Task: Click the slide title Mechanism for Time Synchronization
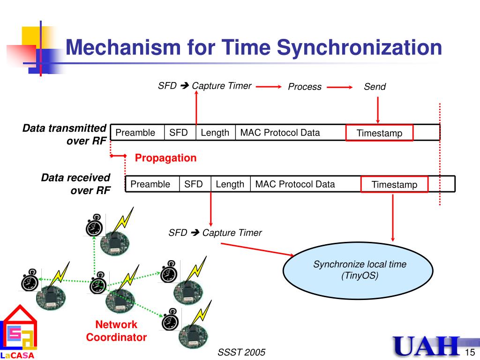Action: point(253,48)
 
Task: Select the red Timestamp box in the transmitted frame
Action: point(379,133)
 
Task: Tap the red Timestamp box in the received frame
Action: point(394,185)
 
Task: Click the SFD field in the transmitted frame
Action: point(179,133)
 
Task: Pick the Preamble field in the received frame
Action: point(150,184)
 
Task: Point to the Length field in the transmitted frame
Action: point(215,133)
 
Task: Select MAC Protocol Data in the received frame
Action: point(295,184)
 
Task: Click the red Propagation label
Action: point(165,158)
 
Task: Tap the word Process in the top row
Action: point(305,87)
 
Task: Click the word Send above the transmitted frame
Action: point(375,87)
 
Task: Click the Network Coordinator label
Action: point(116,331)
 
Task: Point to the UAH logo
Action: point(427,347)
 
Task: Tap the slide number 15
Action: point(470,352)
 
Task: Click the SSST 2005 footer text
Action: point(241,352)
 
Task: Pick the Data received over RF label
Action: point(75,184)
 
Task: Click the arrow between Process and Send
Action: point(339,87)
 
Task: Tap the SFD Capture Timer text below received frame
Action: point(215,233)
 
